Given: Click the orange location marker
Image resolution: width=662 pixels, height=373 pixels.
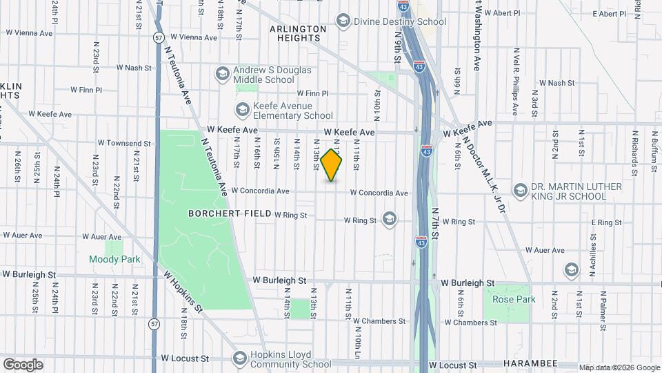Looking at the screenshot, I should click(332, 165).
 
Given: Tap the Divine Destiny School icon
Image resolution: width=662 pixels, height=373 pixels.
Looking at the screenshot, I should click(343, 21).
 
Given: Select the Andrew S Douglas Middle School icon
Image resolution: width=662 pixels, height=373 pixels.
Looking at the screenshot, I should click(222, 74).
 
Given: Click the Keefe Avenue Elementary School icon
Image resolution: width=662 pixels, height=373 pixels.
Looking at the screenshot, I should click(242, 110).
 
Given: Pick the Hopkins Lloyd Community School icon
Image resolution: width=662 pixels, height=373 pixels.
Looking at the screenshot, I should click(239, 358).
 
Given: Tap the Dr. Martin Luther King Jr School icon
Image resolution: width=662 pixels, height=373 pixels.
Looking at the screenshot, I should click(519, 191).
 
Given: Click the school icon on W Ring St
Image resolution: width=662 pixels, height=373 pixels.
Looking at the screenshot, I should click(390, 220).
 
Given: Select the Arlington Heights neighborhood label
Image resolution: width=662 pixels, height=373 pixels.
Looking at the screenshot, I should click(298, 33).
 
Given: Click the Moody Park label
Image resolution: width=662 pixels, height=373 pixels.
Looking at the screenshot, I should click(114, 260).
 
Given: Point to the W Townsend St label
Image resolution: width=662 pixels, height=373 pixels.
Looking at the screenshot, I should click(124, 143).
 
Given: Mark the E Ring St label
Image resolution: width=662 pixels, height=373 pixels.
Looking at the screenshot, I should click(607, 222).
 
